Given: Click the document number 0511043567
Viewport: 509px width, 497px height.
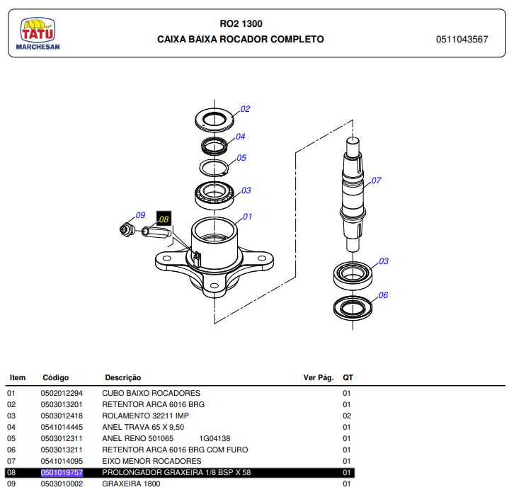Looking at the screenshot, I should (x=462, y=40).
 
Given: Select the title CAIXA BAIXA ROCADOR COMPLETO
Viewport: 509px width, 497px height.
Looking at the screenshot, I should (x=240, y=40).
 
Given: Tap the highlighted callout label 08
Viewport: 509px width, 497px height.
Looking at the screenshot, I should (x=164, y=219).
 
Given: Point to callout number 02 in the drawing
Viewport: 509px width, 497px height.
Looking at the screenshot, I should (x=245, y=109).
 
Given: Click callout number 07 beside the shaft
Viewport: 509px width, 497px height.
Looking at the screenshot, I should (x=376, y=181).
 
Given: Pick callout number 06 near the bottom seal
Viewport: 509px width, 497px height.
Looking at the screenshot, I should (x=383, y=295).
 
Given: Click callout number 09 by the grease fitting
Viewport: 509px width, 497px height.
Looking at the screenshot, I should (x=140, y=215).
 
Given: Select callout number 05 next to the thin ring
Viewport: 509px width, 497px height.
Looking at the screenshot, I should (x=241, y=158).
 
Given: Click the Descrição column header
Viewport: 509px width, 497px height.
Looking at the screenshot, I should (x=122, y=378).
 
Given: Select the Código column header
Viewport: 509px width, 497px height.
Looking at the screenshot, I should (x=56, y=378).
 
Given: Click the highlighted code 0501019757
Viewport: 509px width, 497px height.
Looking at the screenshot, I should (x=62, y=472).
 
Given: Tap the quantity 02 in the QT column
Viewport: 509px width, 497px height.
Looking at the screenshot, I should (x=347, y=416).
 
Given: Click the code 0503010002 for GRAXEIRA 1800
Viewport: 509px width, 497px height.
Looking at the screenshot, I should (x=62, y=484).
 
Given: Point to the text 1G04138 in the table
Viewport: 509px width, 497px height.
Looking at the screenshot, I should (x=215, y=438).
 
